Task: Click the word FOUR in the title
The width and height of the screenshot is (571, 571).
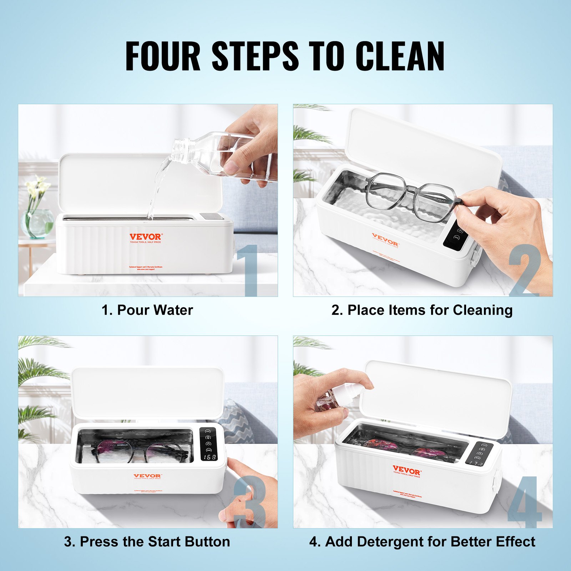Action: (x=163, y=56)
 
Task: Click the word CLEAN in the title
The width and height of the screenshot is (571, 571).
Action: (x=400, y=56)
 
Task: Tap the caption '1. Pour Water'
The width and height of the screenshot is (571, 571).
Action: (x=147, y=310)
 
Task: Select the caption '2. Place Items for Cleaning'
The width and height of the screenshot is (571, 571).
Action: (x=422, y=310)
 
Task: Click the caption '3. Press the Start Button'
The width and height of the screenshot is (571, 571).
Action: (x=147, y=542)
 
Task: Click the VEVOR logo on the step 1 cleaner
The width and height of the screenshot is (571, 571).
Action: (x=145, y=237)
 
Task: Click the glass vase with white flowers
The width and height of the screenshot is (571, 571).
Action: (x=37, y=223)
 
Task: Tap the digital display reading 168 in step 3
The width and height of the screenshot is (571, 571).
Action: (x=208, y=457)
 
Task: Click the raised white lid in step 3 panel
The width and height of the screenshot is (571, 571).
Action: (x=147, y=393)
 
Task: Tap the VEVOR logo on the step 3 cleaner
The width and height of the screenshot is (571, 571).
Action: (x=147, y=476)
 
